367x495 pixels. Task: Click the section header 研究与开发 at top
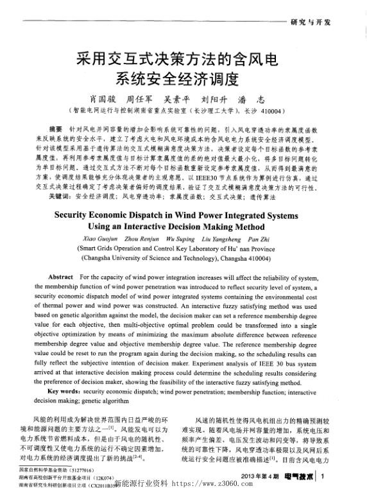pyautogui.click(x=311, y=22)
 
